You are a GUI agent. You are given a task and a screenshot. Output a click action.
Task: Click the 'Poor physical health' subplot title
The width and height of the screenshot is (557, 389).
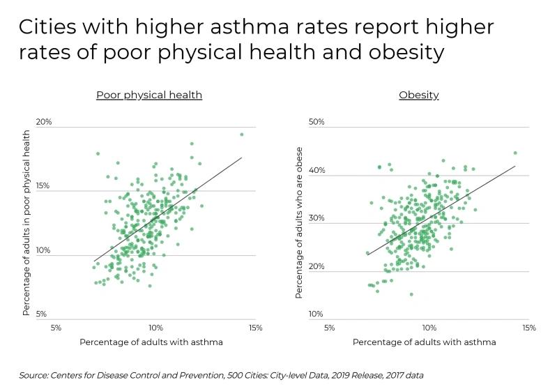(149, 95)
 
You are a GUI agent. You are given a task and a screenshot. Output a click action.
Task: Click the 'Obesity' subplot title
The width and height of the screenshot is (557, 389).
(418, 95)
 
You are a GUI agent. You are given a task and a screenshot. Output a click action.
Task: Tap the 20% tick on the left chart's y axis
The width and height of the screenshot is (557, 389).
(44, 122)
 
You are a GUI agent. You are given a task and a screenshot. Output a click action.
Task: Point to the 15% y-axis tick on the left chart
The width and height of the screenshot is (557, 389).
(44, 186)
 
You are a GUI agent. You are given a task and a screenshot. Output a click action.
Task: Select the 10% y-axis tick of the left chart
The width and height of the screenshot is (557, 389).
(44, 250)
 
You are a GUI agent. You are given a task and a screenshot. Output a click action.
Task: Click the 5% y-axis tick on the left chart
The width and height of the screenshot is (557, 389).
(42, 314)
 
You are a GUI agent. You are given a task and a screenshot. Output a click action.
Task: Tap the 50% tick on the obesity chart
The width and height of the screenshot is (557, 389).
(317, 122)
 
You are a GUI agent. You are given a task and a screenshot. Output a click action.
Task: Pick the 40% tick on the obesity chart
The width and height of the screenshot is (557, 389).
(317, 170)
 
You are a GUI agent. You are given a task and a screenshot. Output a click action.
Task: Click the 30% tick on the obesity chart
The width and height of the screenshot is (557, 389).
(317, 218)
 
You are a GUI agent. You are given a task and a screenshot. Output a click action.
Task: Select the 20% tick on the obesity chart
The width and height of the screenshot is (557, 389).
(317, 266)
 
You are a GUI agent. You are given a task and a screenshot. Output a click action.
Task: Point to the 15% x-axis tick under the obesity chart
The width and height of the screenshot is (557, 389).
(528, 327)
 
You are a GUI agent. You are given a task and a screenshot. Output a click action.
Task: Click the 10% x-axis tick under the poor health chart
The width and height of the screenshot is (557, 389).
(155, 327)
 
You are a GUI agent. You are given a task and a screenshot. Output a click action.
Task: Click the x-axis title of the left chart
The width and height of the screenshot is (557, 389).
(151, 342)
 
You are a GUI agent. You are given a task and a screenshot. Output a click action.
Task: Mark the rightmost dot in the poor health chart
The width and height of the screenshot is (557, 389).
(242, 135)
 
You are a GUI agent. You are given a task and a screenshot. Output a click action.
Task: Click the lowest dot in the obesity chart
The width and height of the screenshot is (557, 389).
(411, 294)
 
